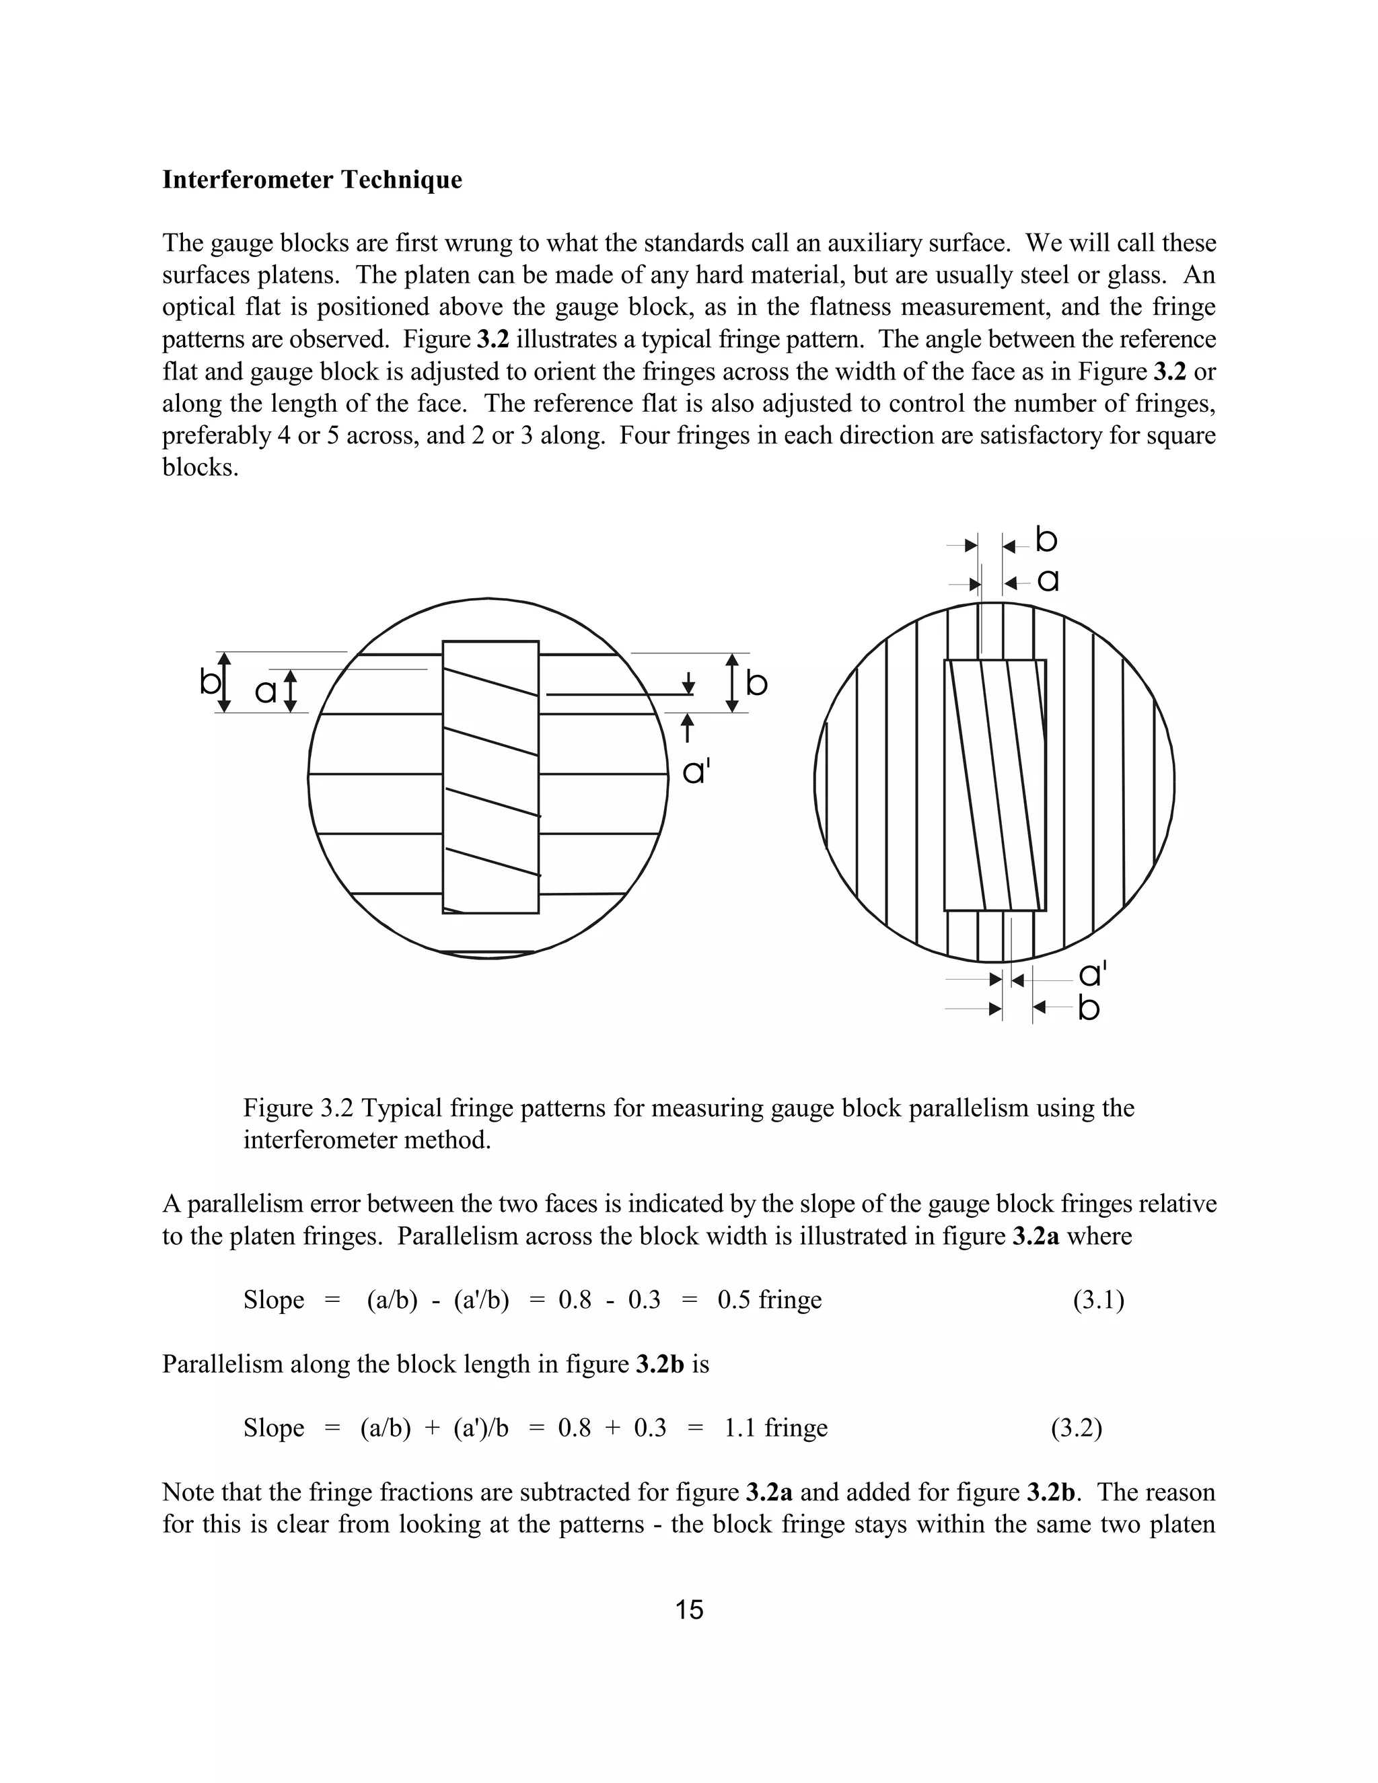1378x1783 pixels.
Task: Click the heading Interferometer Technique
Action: point(312,180)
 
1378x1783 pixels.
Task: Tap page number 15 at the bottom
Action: point(689,1610)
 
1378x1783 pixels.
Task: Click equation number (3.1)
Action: point(1098,1300)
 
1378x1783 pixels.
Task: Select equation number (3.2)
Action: point(1076,1428)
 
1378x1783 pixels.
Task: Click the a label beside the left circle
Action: point(265,692)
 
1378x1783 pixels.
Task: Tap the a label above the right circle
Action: point(1048,581)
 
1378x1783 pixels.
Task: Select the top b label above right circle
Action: point(1046,540)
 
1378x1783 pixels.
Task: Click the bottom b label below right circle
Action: point(1088,1009)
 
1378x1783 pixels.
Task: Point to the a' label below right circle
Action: point(1091,975)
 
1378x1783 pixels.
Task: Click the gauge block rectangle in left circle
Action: point(490,776)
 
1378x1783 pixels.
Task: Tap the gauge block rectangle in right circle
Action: point(994,785)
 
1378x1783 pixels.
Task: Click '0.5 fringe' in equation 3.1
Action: point(769,1300)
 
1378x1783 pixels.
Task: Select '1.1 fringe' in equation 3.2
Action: point(776,1428)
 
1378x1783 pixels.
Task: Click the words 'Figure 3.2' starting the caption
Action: point(299,1108)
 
